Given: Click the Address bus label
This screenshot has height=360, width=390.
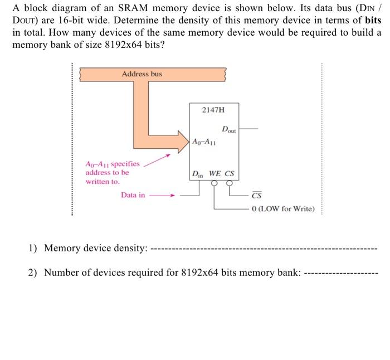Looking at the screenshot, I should click(x=142, y=74).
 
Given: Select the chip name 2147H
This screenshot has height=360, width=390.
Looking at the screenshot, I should click(x=213, y=110).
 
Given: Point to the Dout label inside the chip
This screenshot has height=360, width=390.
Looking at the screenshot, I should click(x=229, y=130).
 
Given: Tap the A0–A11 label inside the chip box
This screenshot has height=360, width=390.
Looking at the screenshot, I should click(x=204, y=142).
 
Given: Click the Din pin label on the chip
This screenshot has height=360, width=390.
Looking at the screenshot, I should click(x=198, y=174).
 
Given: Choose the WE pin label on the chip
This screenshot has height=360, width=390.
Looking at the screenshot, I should click(x=215, y=174).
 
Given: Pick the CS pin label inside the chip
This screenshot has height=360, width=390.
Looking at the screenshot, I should click(x=230, y=174).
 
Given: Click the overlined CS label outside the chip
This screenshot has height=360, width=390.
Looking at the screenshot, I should click(x=256, y=196).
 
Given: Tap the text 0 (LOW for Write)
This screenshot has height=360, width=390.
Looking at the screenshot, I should click(x=283, y=209).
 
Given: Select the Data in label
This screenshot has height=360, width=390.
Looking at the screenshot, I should click(x=133, y=195).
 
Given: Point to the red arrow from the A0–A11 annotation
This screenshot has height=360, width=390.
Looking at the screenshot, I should click(x=157, y=161).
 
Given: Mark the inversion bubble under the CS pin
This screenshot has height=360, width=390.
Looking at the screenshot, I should click(x=228, y=182).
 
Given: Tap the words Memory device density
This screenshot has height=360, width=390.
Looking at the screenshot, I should click(x=95, y=247).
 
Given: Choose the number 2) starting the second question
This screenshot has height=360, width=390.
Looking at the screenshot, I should click(x=33, y=273).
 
